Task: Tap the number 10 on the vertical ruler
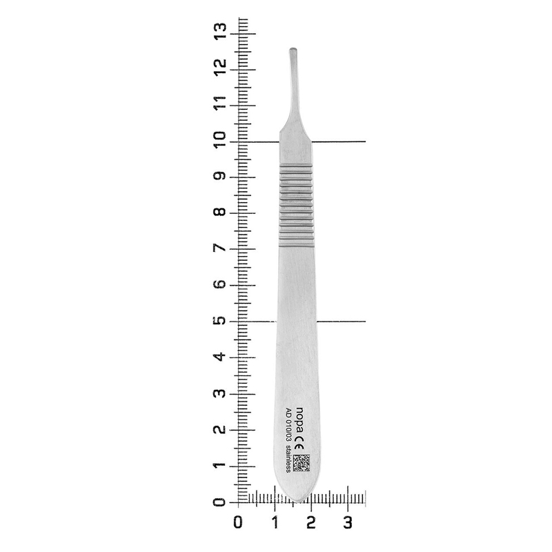coord(220,139)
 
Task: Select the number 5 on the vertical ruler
coord(220,320)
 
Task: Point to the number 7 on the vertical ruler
coord(220,248)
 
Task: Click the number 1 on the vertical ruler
coord(220,466)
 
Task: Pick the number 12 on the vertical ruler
coord(220,68)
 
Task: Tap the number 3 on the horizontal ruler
coord(348,522)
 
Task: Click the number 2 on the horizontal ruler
coord(311,522)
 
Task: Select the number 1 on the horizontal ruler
coord(275,522)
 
